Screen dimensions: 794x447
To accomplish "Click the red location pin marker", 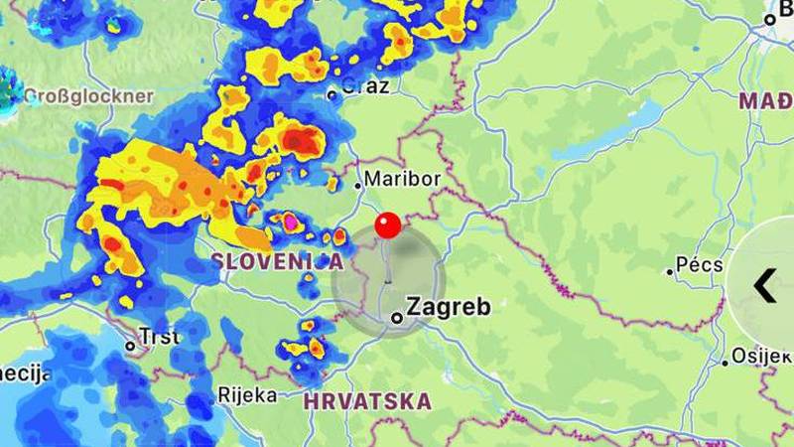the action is click(x=387, y=225).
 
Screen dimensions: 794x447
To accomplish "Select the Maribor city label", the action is click(x=402, y=180).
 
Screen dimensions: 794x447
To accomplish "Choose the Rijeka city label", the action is click(x=247, y=394).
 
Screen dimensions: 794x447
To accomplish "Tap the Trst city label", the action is click(x=159, y=337).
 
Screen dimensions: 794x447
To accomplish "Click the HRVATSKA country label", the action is click(x=367, y=402).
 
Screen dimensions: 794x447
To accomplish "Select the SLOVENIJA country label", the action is click(x=277, y=261).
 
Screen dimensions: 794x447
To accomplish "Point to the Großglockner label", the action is click(x=88, y=96).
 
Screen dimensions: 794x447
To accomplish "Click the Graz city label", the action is click(x=365, y=86).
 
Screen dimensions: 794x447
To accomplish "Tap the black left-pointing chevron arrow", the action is click(x=763, y=286).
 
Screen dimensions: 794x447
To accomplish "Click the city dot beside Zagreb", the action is click(x=397, y=318).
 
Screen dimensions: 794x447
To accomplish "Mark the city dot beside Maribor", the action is click(x=358, y=185).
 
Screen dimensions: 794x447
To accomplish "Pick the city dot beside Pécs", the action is click(x=670, y=271).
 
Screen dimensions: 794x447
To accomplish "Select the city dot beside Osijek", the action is click(x=725, y=363).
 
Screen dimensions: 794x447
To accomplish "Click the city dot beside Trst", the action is click(x=130, y=346).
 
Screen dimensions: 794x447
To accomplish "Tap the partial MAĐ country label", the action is click(x=766, y=101).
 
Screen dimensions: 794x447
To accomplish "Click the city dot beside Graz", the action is click(x=332, y=95).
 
